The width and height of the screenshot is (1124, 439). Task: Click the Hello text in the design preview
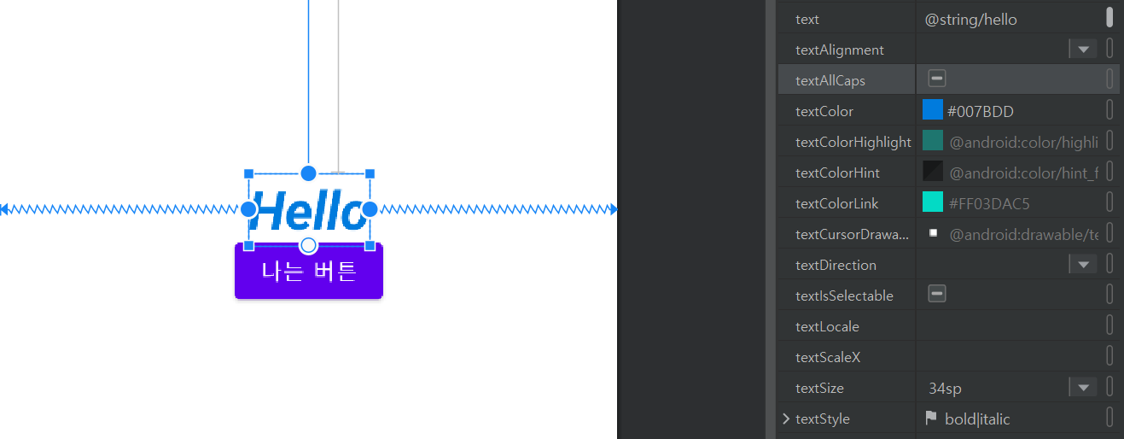(309, 210)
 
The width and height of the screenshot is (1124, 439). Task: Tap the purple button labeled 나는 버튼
(309, 272)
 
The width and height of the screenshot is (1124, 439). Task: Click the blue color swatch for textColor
(933, 110)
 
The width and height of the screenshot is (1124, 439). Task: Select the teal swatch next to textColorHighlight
(933, 141)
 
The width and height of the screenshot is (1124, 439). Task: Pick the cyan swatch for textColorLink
(933, 202)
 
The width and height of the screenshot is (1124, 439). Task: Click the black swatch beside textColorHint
(933, 172)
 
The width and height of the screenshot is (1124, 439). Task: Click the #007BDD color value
(981, 111)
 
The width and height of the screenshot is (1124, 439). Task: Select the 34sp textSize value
(945, 389)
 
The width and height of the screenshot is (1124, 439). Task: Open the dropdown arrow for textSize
(1083, 388)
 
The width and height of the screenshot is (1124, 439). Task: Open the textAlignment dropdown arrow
(1083, 50)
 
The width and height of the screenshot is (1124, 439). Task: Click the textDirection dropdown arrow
(1083, 265)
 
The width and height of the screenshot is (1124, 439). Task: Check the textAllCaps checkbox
(937, 79)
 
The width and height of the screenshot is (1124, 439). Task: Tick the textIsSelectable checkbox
(937, 295)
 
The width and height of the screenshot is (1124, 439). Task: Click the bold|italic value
(977, 419)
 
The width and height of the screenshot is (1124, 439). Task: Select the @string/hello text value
(971, 19)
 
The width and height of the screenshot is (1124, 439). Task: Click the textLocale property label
(827, 326)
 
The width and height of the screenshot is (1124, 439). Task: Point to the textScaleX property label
(828, 357)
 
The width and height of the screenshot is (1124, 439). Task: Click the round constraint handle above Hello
(309, 173)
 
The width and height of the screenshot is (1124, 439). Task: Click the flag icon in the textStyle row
(931, 419)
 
